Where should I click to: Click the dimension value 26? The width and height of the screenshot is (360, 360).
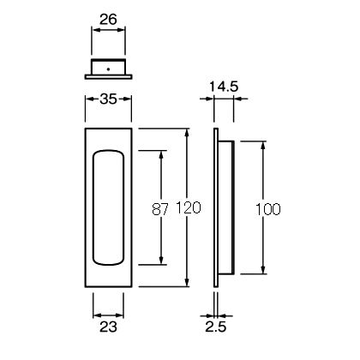[108, 20]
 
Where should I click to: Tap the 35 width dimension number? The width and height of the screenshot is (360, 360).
[108, 99]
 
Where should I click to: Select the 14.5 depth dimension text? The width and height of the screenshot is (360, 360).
[224, 87]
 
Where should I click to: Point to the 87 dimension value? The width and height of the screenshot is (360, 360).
[160, 209]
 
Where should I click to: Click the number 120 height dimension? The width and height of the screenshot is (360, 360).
[188, 207]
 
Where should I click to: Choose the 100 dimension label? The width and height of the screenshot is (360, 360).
[267, 209]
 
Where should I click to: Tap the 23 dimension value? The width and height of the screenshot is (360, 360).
[108, 327]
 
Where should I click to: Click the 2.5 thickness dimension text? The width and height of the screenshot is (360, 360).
[216, 327]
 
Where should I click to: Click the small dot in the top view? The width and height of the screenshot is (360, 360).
[108, 69]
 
